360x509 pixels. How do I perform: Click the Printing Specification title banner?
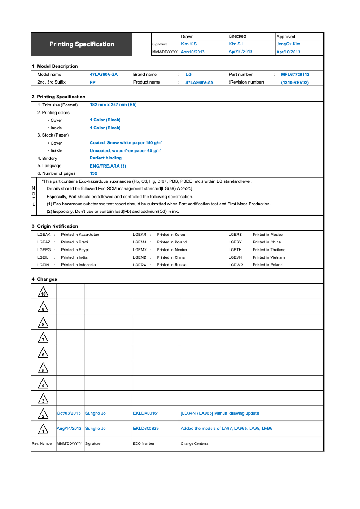click(82, 44)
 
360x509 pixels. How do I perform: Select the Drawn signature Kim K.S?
click(189, 44)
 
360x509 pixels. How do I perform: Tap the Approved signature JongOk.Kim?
click(288, 44)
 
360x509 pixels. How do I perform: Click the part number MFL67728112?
click(295, 75)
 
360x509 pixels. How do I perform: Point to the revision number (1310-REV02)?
click(295, 83)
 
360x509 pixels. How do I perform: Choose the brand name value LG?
click(189, 75)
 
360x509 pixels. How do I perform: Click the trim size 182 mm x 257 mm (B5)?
click(113, 105)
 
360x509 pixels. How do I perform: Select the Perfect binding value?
click(105, 158)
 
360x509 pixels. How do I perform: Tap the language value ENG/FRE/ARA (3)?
click(108, 166)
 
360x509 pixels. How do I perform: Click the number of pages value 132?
click(93, 173)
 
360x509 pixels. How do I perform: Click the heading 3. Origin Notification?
click(55, 226)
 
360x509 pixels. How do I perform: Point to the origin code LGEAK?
click(44, 235)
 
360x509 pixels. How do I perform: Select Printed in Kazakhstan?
click(80, 235)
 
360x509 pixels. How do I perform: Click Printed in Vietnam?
click(268, 257)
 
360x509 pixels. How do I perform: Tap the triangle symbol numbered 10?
click(43, 292)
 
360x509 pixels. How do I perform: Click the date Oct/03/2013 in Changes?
click(69, 413)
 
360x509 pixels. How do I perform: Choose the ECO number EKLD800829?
click(146, 429)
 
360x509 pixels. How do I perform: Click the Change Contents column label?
click(194, 444)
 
